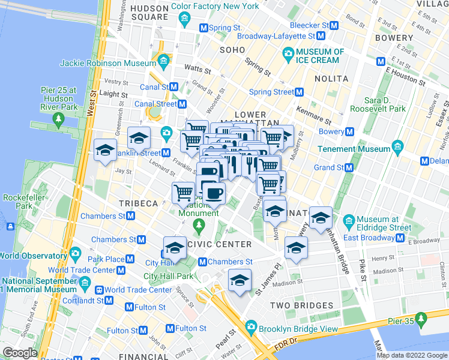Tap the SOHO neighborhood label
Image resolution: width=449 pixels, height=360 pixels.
coord(233,50)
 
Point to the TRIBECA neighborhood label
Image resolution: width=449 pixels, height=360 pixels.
coord(138,203)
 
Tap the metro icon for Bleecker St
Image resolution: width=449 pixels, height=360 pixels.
coord(335,26)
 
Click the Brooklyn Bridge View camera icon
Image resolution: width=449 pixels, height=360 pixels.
coord(249,328)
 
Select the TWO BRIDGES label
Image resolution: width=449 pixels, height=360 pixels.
coord(301,305)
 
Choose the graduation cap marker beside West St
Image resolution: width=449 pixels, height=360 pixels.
coord(105,150)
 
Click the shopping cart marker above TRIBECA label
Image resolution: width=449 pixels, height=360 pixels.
coord(184,193)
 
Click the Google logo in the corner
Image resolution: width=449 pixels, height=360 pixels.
coord(20,353)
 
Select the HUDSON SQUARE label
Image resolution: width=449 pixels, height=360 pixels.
coord(149,13)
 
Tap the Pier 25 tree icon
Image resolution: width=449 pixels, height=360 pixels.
coord(58,119)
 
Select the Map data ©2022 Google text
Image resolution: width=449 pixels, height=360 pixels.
coord(412,355)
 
